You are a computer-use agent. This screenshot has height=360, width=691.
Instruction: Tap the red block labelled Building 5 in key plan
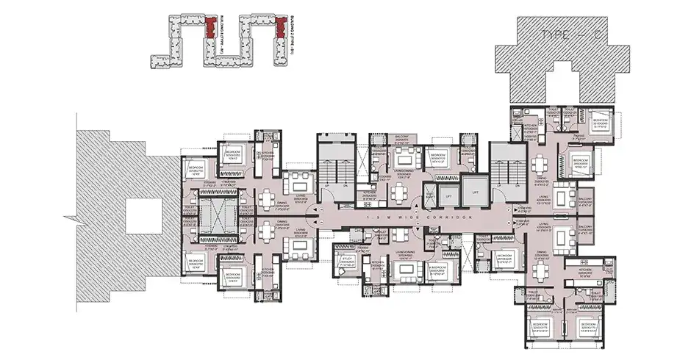point(211,27)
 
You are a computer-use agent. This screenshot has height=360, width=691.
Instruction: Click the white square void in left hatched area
point(142,219)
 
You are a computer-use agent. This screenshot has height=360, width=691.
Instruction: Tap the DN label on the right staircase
point(515,187)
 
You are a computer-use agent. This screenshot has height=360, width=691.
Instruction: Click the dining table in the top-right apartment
point(542,164)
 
